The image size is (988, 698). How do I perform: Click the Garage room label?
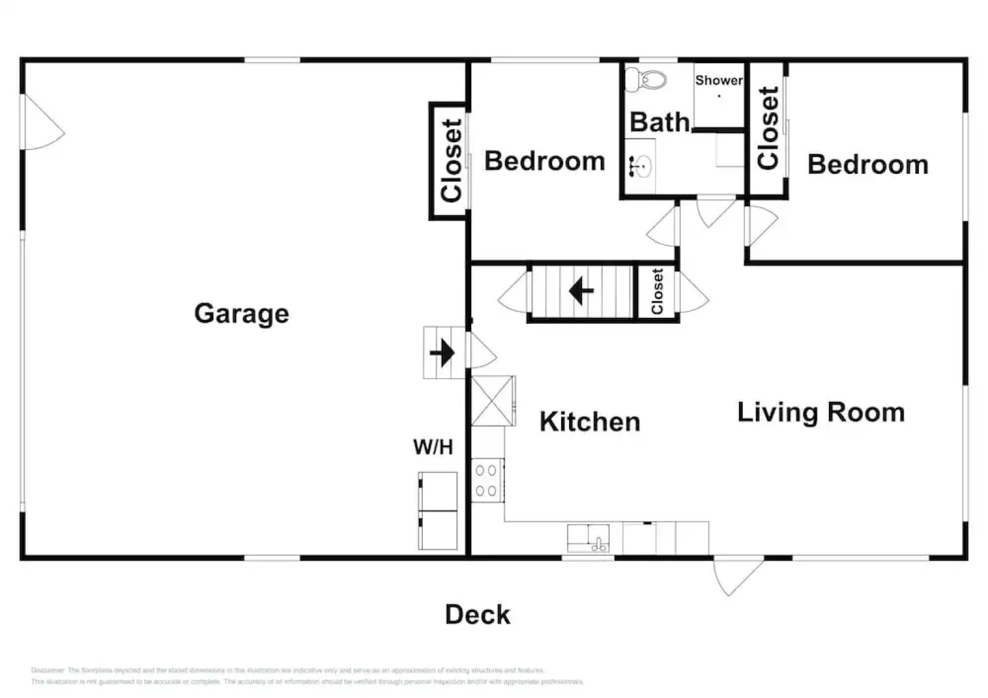[x=241, y=314]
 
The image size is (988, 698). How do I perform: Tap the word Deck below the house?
[x=477, y=615]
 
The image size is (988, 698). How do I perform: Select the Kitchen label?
[x=590, y=422]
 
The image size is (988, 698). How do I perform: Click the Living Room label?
[x=821, y=413]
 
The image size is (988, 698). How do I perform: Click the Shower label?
[x=718, y=81]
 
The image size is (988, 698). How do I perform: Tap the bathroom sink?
[x=640, y=167]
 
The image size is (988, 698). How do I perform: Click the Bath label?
[x=659, y=122]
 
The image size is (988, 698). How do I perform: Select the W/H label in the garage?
[x=433, y=447]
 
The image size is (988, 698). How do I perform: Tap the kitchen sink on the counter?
[x=588, y=538]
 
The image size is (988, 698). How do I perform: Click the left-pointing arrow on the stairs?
[x=581, y=291]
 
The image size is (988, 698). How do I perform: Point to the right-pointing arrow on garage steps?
[x=442, y=353]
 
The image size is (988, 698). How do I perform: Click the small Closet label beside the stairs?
[x=657, y=292]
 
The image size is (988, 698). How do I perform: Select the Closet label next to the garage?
[x=451, y=161]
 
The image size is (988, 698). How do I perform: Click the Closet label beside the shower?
[x=768, y=129]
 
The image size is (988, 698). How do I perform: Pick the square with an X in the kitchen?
[x=493, y=401]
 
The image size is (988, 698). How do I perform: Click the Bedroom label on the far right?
[x=868, y=165]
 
